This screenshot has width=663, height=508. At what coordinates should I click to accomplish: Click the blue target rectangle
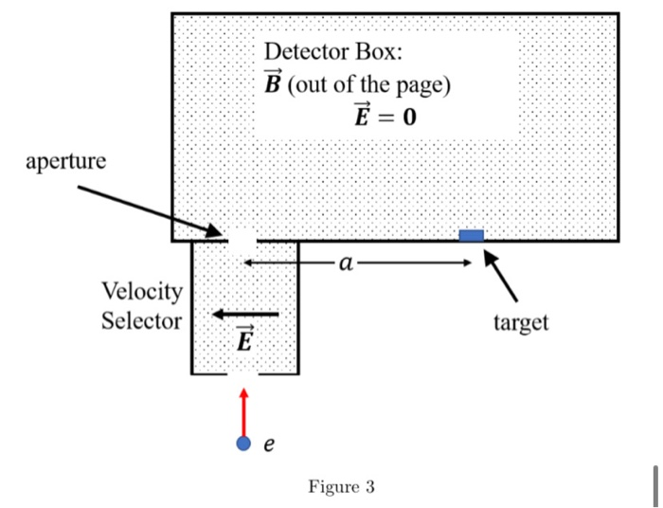(x=471, y=235)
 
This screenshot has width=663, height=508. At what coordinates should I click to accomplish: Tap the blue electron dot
(x=244, y=443)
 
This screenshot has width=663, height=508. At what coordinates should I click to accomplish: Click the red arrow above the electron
(x=244, y=409)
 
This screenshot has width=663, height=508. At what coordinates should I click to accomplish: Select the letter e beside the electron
(x=269, y=444)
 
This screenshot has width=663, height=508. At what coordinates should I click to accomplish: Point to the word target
(x=520, y=322)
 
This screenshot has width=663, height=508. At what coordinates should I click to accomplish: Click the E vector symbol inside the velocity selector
(x=243, y=338)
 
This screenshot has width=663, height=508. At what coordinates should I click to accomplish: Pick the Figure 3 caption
(x=341, y=487)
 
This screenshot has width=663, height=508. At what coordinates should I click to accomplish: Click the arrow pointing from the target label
(x=501, y=276)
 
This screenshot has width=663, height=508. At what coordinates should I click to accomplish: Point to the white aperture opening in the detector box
(x=243, y=238)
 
